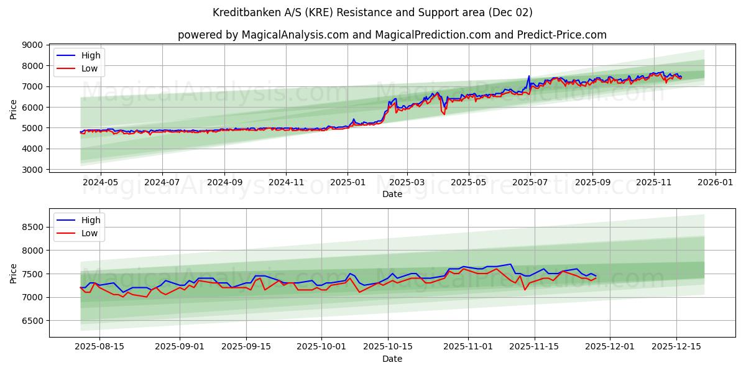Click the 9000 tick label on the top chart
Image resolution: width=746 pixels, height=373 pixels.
point(32,45)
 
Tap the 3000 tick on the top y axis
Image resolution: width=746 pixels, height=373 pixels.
point(32,170)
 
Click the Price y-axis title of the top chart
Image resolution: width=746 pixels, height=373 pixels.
point(14,109)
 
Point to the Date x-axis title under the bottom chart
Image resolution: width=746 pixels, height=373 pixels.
point(392,359)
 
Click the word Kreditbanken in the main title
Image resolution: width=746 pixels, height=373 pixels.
point(243,12)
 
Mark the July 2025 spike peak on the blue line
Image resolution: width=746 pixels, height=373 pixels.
point(529,76)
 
